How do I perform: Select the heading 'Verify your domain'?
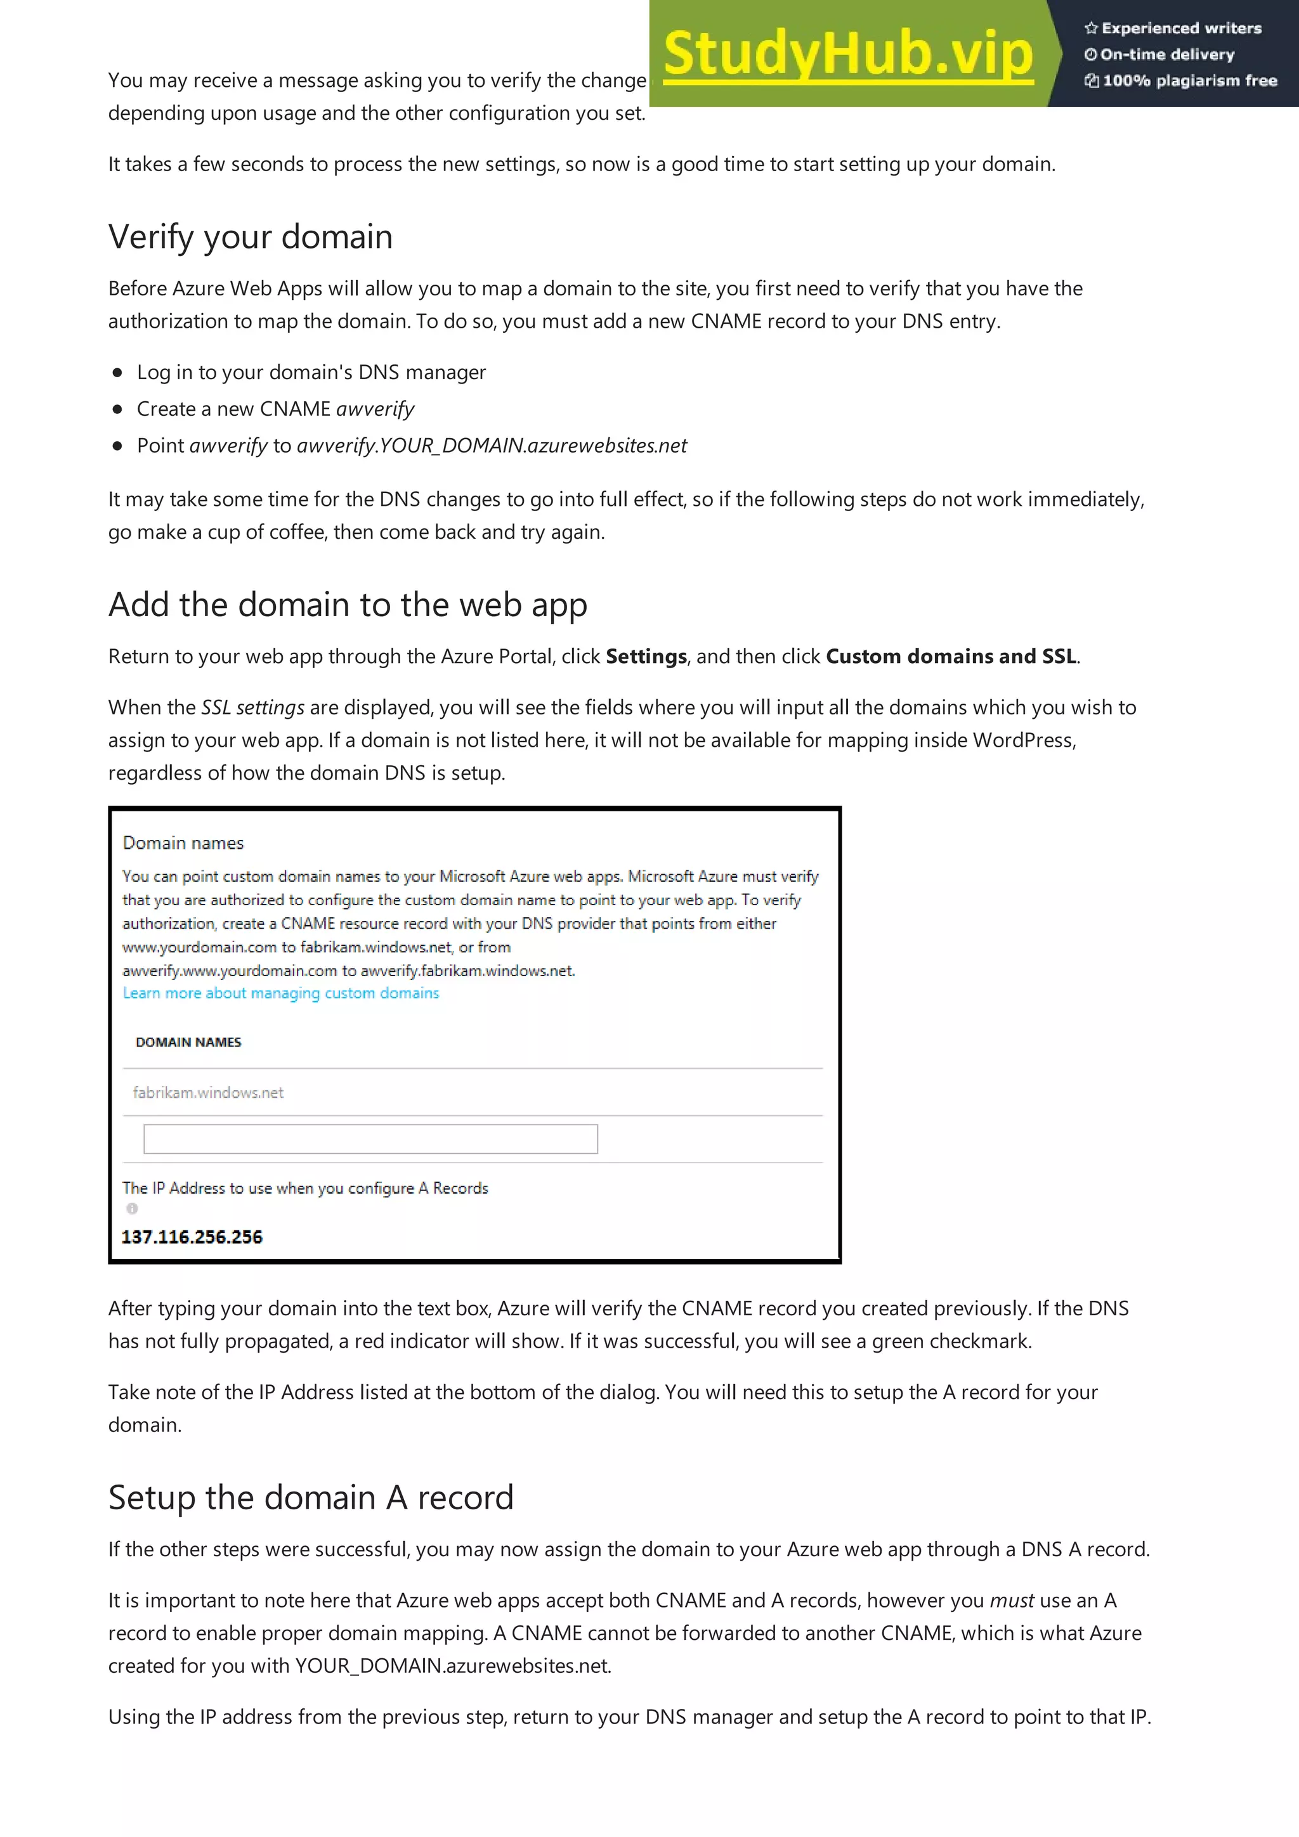pyautogui.click(x=251, y=237)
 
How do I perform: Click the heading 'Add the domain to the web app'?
pyautogui.click(x=348, y=604)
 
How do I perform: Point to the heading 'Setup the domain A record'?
pyautogui.click(x=311, y=1497)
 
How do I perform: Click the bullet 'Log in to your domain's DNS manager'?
pyautogui.click(x=311, y=372)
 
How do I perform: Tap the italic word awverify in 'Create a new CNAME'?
pyautogui.click(x=375, y=409)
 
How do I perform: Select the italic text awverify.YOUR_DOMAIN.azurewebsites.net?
pyautogui.click(x=492, y=446)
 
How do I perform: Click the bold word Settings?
pyautogui.click(x=646, y=656)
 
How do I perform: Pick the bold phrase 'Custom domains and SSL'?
pyautogui.click(x=951, y=656)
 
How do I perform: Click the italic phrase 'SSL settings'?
pyautogui.click(x=252, y=707)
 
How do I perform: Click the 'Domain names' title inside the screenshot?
pyautogui.click(x=183, y=842)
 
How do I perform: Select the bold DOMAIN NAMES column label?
pyautogui.click(x=188, y=1041)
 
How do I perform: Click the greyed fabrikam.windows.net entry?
pyautogui.click(x=208, y=1092)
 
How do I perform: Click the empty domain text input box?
pyautogui.click(x=370, y=1138)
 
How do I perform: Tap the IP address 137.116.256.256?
pyautogui.click(x=192, y=1237)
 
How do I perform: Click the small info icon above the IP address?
pyautogui.click(x=132, y=1208)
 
